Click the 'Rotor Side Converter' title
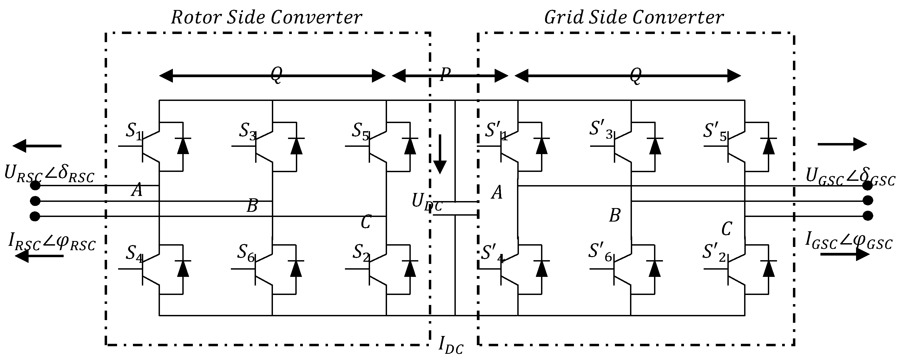(266, 18)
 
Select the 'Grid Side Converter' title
(634, 18)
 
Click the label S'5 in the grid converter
(715, 131)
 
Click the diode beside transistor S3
(296, 146)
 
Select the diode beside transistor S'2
(769, 269)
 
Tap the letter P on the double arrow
(445, 74)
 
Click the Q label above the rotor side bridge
(276, 75)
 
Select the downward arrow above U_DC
(440, 154)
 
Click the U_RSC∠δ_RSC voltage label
(49, 174)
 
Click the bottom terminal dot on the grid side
(868, 216)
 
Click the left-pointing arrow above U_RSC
(37, 146)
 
